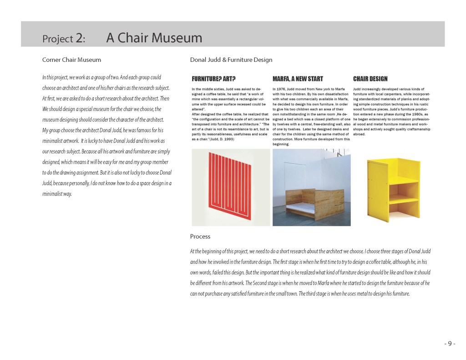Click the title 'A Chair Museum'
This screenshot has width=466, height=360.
[x=154, y=38]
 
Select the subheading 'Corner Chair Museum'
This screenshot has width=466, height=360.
[x=71, y=60]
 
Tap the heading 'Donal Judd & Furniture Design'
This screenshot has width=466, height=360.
[x=231, y=60]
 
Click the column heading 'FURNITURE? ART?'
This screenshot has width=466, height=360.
[x=213, y=79]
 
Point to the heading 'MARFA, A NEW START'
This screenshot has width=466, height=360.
[x=298, y=79]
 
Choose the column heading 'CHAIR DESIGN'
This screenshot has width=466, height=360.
[x=370, y=79]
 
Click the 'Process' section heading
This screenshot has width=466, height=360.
[x=200, y=236]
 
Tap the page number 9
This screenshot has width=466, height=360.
[x=449, y=344]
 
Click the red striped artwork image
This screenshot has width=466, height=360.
[x=232, y=187]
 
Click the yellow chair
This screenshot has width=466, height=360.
[x=392, y=187]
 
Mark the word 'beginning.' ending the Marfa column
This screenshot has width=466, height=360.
[x=281, y=144]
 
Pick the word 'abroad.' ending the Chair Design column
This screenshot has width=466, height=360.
[x=359, y=134]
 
